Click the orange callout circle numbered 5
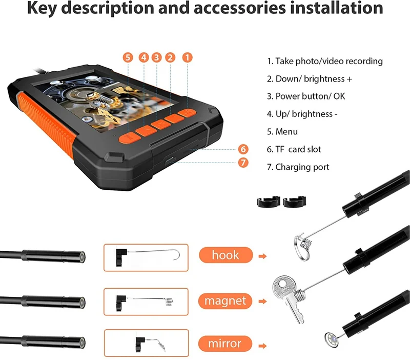[128, 57]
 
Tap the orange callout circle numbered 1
[187, 57]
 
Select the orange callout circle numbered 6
[243, 149]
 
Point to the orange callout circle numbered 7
[243, 163]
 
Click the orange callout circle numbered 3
[157, 57]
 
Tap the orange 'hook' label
[225, 255]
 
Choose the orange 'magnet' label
[225, 301]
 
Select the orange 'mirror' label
[225, 344]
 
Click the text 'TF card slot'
[298, 149]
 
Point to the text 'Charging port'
[302, 167]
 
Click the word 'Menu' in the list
[286, 132]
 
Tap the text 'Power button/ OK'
[311, 96]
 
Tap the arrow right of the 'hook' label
[262, 256]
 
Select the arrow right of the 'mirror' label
[262, 346]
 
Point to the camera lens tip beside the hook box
[82, 257]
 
